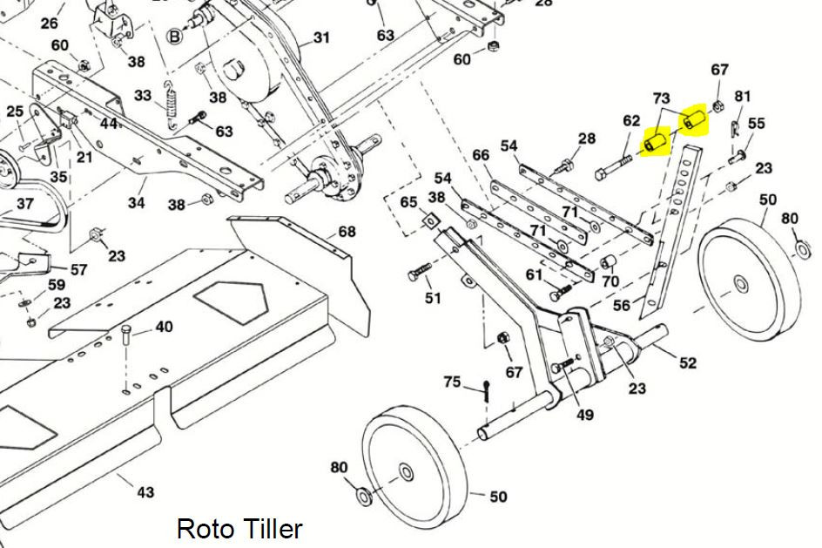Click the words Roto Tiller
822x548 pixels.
239,529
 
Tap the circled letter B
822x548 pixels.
174,37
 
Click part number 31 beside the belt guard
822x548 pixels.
321,37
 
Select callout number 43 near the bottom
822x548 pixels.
145,492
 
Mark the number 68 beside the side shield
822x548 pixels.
347,231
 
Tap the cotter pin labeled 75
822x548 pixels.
487,390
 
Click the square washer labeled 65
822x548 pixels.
430,220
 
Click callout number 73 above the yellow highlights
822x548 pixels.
661,98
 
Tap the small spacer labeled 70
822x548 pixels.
608,260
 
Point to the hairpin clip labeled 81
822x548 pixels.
736,128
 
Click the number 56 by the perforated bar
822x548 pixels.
621,305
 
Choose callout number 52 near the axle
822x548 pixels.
687,362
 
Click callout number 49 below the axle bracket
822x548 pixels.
585,415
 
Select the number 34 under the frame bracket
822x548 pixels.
137,202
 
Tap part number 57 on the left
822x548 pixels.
78,269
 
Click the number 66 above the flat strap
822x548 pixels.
481,155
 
